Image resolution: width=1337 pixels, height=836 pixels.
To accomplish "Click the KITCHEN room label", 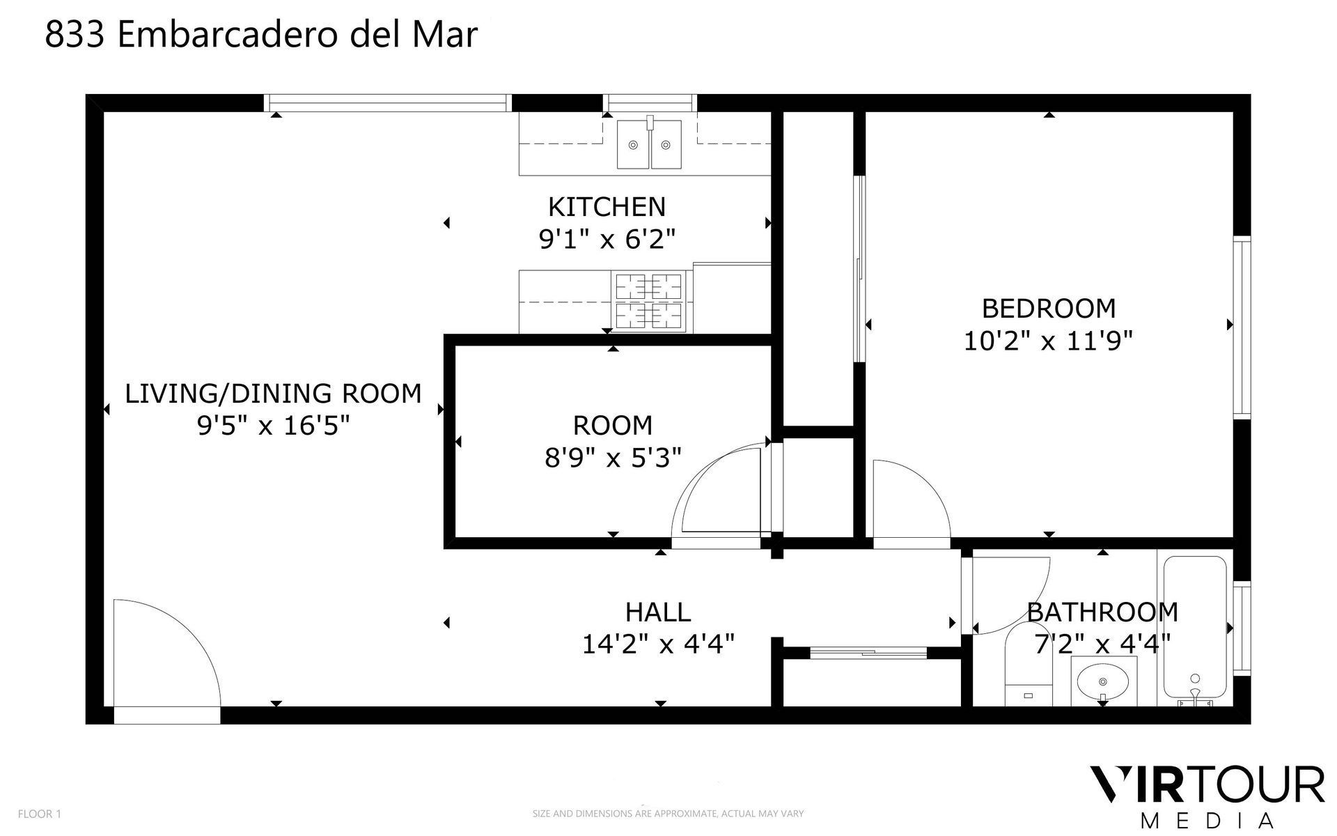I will click(607, 207).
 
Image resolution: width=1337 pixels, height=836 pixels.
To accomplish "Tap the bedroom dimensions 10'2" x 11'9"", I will click(1048, 341).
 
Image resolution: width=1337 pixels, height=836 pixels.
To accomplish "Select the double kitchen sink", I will click(649, 144).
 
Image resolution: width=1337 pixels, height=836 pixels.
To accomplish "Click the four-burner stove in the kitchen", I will click(648, 301).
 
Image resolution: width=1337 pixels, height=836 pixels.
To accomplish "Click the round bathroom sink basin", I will click(1102, 681).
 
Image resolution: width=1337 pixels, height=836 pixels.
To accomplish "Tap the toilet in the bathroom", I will click(1028, 669).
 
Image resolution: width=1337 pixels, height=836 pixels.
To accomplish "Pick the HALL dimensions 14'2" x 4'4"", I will click(658, 644).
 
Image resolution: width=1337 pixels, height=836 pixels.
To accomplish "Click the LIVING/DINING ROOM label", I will click(273, 394).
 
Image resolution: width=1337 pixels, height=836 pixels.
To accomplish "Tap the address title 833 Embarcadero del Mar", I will click(261, 35).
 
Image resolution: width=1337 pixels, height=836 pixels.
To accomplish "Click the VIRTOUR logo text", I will click(1206, 786).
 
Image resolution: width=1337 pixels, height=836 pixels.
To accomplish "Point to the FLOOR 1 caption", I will click(40, 814).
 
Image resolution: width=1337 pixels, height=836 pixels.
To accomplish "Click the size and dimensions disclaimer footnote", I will click(668, 814).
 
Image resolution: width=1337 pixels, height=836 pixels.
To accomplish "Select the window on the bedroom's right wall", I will click(1242, 327).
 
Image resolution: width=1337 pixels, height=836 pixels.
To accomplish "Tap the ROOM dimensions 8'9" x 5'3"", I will click(613, 458).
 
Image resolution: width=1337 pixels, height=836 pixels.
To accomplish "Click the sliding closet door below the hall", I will click(868, 653).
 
